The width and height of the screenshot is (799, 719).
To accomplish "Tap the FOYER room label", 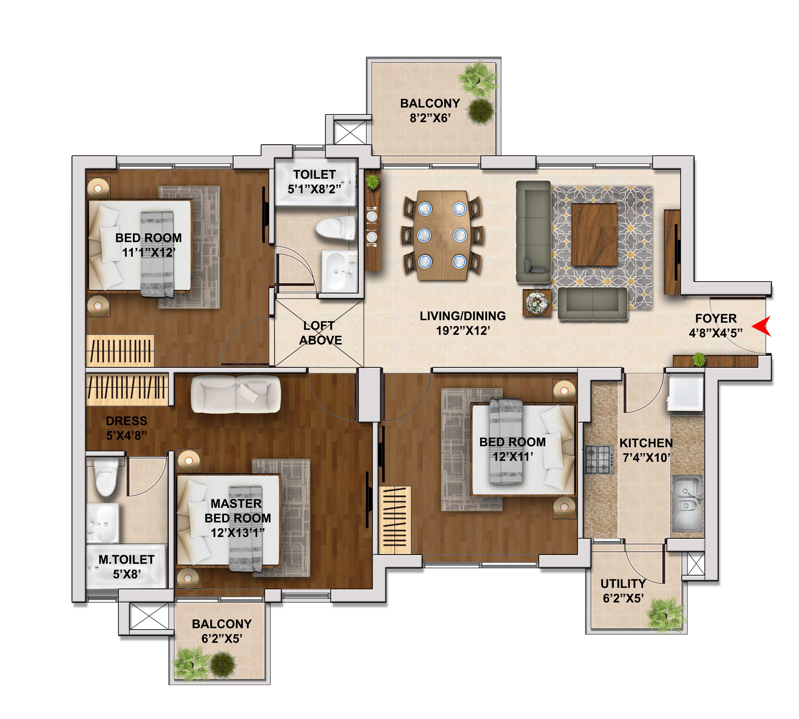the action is [x=716, y=318].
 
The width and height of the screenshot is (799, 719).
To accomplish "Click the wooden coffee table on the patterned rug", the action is [x=594, y=235].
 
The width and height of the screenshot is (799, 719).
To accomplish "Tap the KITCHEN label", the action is [x=646, y=443].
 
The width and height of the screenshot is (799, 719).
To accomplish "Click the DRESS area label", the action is [x=126, y=421].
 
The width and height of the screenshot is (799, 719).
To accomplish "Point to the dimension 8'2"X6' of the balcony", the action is [x=430, y=118].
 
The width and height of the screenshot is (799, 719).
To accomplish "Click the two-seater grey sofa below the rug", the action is [x=592, y=303].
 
